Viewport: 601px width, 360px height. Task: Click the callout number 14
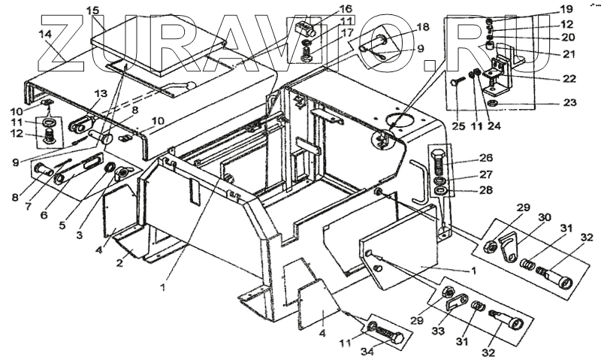[x=45, y=35]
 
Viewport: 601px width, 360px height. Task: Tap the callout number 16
[x=325, y=8]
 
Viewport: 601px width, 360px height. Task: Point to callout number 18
[x=422, y=27]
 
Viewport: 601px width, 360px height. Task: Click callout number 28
[x=486, y=189]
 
